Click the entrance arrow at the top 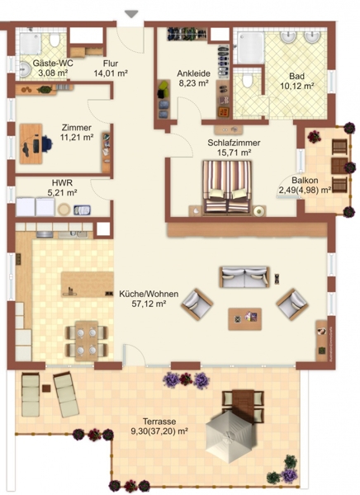tap(131, 14)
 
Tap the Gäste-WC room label tap(53, 64)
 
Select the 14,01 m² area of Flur tap(111, 73)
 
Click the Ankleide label tap(193, 73)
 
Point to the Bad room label tap(296, 76)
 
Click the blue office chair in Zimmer tap(45, 144)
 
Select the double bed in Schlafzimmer tap(227, 187)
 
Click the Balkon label tap(305, 180)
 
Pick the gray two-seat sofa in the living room tap(244, 277)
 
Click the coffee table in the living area tap(245, 319)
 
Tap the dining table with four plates tap(87, 341)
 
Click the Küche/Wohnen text tap(149, 294)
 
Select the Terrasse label tap(159, 422)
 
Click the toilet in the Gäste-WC tap(54, 40)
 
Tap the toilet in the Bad tap(247, 80)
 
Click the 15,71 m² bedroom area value tap(234, 153)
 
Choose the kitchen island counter tap(88, 284)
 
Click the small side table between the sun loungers tap(46, 388)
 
